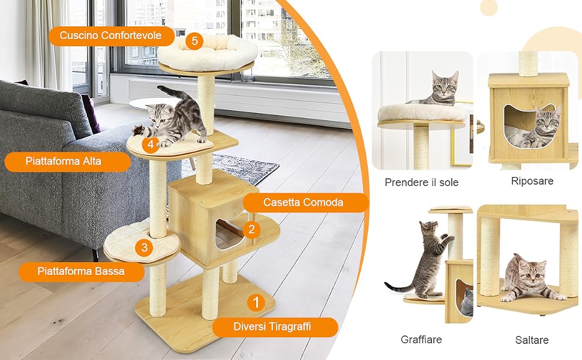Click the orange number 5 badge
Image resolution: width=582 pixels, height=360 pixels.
point(194,40)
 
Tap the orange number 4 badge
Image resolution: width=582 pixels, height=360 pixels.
point(151,143)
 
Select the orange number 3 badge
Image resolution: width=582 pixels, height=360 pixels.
point(145,248)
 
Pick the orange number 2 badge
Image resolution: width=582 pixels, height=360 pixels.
point(251,229)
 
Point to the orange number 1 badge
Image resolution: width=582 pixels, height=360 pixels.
point(256,302)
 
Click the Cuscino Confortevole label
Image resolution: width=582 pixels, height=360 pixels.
point(111,35)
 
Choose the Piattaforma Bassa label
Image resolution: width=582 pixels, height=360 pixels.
point(81,271)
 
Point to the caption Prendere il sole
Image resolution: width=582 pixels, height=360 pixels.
point(421,182)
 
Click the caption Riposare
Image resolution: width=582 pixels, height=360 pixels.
point(532,181)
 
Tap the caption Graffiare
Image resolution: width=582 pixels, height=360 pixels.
point(421,339)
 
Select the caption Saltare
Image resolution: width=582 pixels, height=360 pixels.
point(532,340)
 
